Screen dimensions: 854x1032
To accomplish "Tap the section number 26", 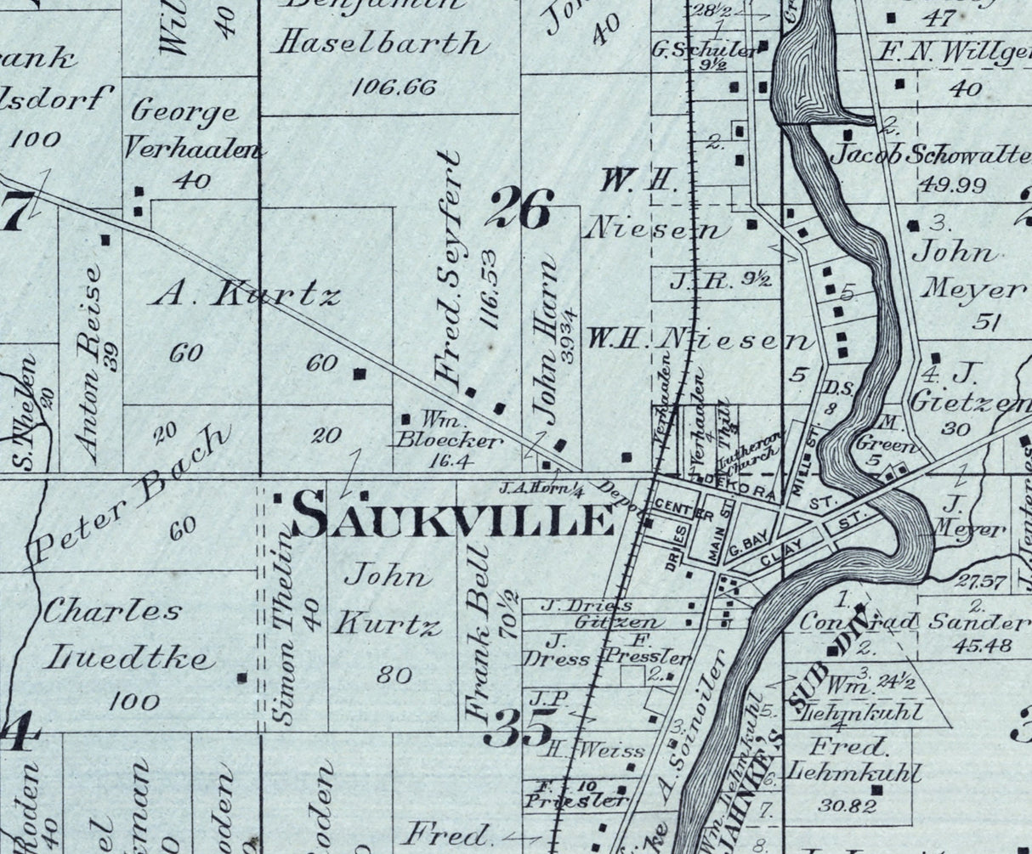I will [x=520, y=209].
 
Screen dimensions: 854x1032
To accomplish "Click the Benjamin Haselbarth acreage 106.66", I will [x=392, y=87].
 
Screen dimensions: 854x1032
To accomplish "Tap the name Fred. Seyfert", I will [x=449, y=265].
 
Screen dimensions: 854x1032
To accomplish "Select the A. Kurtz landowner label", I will [x=246, y=295].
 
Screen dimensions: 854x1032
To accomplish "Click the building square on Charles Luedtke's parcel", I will [x=242, y=677].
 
